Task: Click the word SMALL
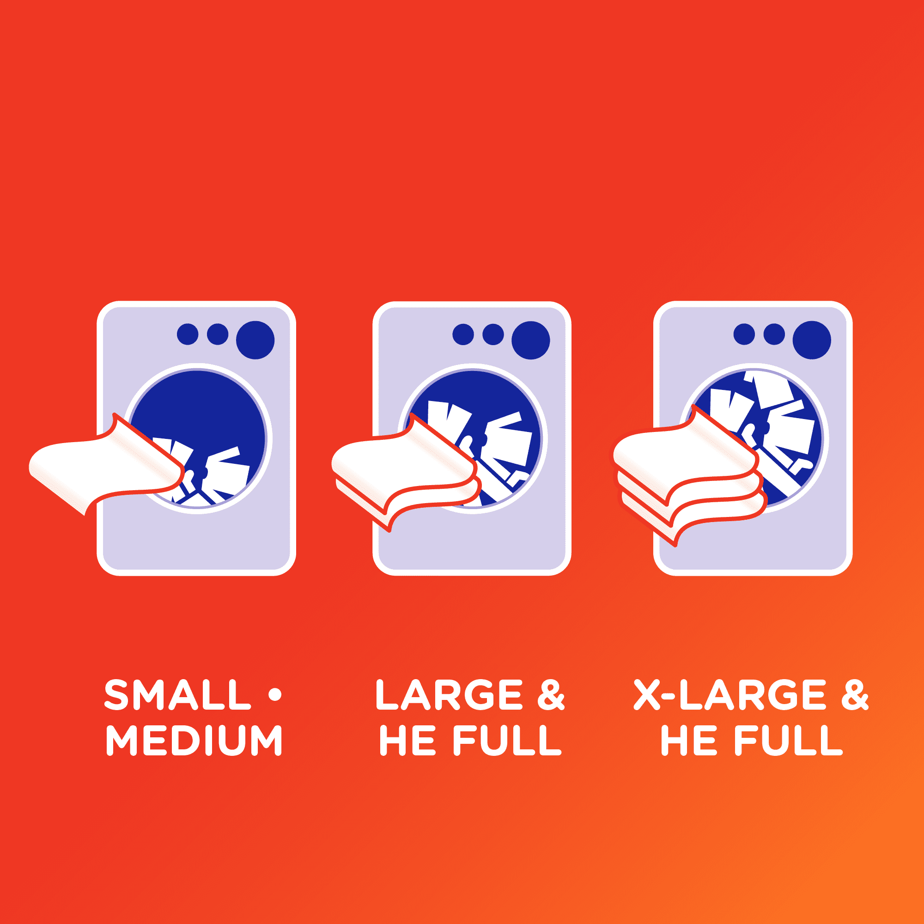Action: pyautogui.click(x=177, y=694)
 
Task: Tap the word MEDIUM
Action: pyautogui.click(x=194, y=740)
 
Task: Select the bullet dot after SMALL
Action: pyautogui.click(x=275, y=694)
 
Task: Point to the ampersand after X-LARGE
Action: pyautogui.click(x=855, y=694)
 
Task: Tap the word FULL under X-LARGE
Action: pyautogui.click(x=788, y=740)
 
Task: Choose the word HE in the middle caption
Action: pyautogui.click(x=407, y=740)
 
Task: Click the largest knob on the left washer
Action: pyautogui.click(x=255, y=340)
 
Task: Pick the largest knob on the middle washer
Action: pyautogui.click(x=531, y=340)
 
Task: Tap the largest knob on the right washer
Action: pyautogui.click(x=812, y=340)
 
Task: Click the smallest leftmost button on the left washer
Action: pyautogui.click(x=188, y=334)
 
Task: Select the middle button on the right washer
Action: pyautogui.click(x=774, y=334)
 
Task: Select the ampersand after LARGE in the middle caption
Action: pyautogui.click(x=551, y=694)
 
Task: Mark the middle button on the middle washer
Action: pyautogui.click(x=493, y=334)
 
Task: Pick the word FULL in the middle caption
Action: pyautogui.click(x=507, y=740)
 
